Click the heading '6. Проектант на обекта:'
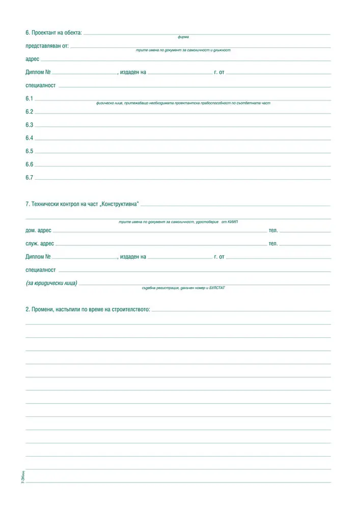53,33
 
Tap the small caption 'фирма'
183,37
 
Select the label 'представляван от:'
47,46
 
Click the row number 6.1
29,98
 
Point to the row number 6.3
29,125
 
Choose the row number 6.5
29,151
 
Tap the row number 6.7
29,178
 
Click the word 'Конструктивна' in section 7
120,204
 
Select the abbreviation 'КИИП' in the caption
233,222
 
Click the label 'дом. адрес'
38,231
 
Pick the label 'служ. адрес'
40,244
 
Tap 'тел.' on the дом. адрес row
273,231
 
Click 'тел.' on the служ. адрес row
273,244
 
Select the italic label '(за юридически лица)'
51,283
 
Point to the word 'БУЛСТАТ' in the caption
216,288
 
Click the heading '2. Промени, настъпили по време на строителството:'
88,309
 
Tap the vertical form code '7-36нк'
23,477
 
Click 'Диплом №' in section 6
38,72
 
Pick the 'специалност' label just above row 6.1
41,86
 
